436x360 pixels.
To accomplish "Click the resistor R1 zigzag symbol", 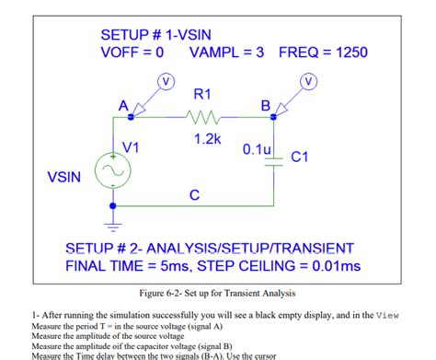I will point(202,118).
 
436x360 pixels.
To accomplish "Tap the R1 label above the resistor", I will point(202,95).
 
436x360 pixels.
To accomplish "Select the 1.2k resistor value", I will point(207,139).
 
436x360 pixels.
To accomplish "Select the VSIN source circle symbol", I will point(115,169).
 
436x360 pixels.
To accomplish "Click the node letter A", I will point(123,105).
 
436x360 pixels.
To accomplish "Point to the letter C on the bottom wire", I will point(193,194).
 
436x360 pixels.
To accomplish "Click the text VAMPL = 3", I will point(226,52).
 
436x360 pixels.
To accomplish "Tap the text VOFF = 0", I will point(132,52).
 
